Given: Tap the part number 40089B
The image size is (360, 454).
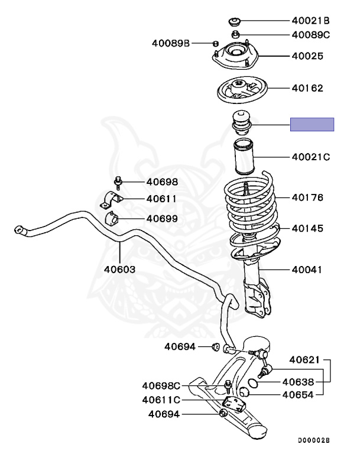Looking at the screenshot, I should click(x=171, y=43).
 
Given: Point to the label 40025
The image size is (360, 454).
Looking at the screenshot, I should click(x=307, y=57).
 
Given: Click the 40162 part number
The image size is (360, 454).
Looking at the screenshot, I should click(x=307, y=89).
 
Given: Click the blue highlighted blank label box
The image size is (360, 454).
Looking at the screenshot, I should click(x=312, y=124).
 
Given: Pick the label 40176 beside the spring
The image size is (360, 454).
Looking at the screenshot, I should click(x=307, y=198).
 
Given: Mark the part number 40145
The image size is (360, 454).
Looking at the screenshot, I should click(x=307, y=228).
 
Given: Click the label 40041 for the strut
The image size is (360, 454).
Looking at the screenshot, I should click(x=307, y=270).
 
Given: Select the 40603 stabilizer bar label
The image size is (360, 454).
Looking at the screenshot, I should click(x=120, y=269).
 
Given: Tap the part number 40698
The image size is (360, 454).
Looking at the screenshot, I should click(x=162, y=183).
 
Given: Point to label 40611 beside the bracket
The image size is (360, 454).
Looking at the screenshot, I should click(x=162, y=199).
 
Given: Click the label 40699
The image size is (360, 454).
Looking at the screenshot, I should click(x=162, y=219).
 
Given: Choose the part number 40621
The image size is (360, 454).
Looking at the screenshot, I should click(x=304, y=359).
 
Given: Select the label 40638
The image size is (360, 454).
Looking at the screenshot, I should click(x=298, y=382).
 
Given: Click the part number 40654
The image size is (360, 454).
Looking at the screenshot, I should click(x=298, y=395).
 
